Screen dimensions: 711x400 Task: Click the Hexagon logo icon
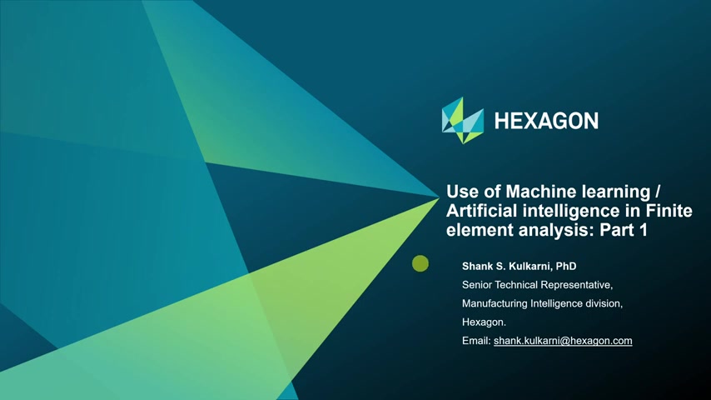tap(463, 120)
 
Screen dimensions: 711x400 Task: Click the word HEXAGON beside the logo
tap(546, 121)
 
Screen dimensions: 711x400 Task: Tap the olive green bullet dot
tap(420, 263)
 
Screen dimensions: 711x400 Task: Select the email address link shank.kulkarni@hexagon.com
tap(563, 341)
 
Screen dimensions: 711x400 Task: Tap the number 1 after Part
tap(643, 230)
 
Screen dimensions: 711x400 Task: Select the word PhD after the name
tap(566, 266)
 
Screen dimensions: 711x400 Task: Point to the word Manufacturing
tap(495, 303)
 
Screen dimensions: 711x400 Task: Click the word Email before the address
tap(476, 341)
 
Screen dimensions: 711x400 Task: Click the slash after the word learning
tap(658, 192)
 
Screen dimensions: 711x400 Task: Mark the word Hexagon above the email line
tap(484, 322)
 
